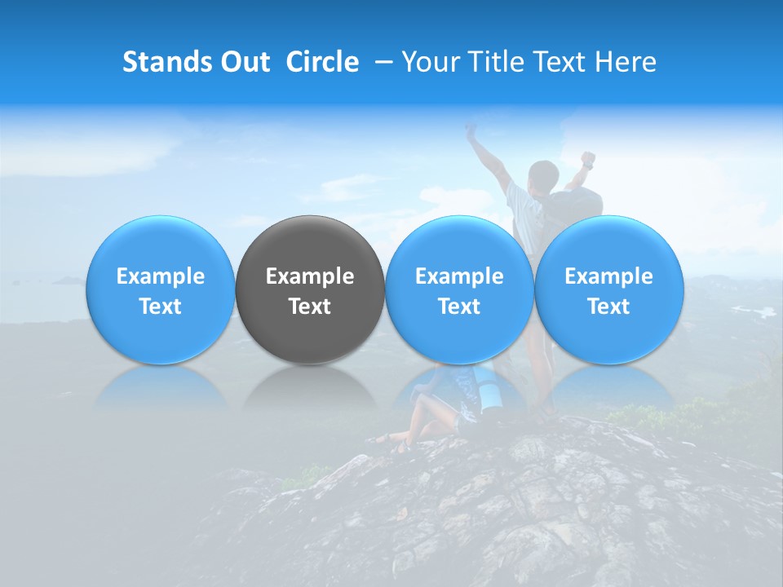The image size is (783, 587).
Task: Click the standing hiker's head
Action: (542, 175)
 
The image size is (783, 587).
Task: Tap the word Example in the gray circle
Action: (310, 276)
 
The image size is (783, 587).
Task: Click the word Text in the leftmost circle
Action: (161, 307)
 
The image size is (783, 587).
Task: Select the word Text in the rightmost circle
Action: (609, 307)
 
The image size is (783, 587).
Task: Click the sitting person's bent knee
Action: (420, 403)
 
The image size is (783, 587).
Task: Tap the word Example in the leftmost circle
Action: (161, 276)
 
